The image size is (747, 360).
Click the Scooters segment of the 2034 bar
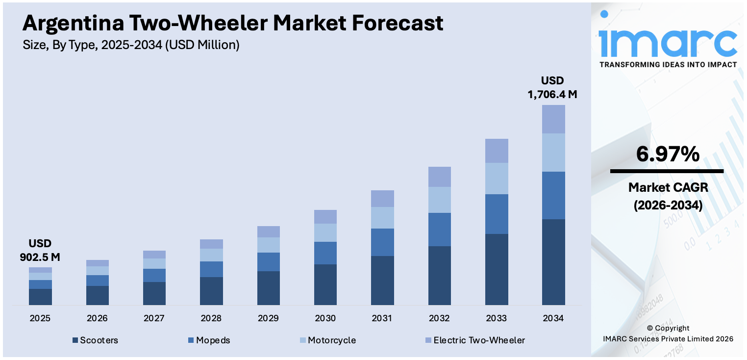point(553,262)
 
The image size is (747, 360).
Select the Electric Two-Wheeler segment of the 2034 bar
point(553,119)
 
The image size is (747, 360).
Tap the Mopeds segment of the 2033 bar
point(497,214)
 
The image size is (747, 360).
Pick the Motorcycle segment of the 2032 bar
point(440,200)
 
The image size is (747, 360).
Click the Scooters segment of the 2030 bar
point(325,284)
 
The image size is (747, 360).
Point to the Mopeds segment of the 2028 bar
point(211,269)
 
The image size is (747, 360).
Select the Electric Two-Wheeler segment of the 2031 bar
point(382,199)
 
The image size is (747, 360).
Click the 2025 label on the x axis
point(40,318)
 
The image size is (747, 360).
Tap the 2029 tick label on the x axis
point(268,318)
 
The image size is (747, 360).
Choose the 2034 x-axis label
point(553,318)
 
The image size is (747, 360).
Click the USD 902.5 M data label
point(40,250)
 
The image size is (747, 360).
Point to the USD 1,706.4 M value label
point(552,88)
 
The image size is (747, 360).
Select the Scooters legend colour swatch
point(75,340)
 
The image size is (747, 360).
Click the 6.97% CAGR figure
point(667,154)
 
